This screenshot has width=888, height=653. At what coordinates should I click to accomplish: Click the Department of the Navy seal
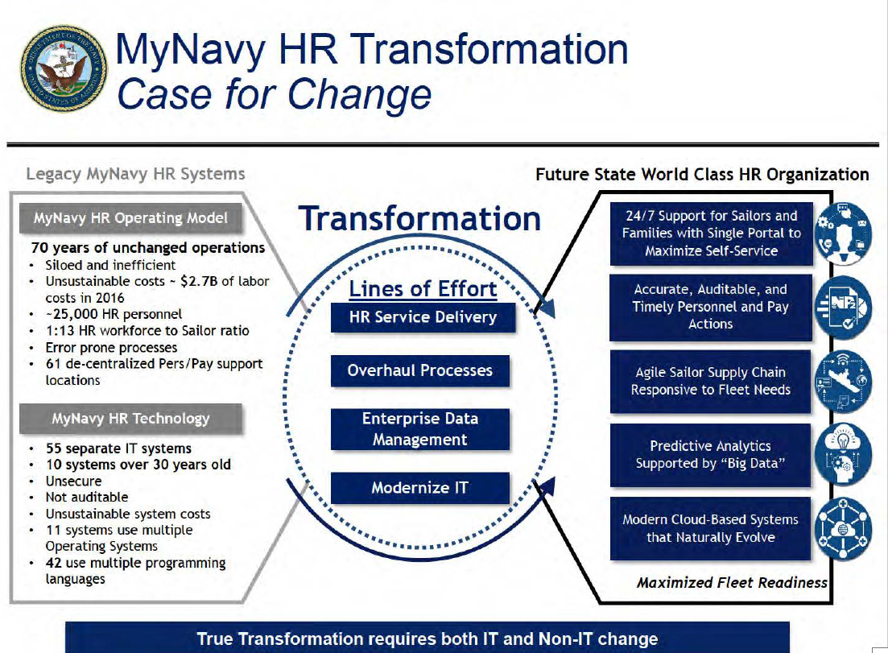click(x=64, y=68)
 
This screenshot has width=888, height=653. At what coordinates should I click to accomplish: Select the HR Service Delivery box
click(x=423, y=317)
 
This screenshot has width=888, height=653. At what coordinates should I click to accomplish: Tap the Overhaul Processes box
click(x=419, y=370)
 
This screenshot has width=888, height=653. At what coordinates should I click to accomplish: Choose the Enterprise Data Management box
click(x=419, y=429)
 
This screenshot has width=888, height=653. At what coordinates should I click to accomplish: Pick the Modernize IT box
click(x=419, y=488)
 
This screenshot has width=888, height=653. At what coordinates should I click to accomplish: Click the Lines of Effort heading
click(x=423, y=289)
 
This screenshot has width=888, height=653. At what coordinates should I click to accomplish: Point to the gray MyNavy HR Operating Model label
click(x=130, y=218)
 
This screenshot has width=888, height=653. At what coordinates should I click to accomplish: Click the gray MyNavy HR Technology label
click(x=130, y=419)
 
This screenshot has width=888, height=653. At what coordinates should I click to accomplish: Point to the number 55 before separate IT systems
click(x=54, y=448)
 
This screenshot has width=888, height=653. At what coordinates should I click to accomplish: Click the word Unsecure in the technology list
click(x=73, y=481)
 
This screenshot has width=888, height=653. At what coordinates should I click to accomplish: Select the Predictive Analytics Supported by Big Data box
click(x=710, y=455)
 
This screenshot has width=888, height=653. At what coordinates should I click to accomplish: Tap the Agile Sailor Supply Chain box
click(x=710, y=381)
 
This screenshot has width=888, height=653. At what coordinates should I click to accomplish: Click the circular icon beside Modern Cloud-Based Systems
click(x=843, y=529)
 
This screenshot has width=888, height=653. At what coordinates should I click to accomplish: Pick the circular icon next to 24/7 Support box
click(x=843, y=234)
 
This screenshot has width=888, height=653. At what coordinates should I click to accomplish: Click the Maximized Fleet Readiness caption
click(x=732, y=583)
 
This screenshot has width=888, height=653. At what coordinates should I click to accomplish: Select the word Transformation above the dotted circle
click(x=419, y=219)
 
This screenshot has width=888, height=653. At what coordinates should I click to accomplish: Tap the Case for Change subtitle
click(x=274, y=94)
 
